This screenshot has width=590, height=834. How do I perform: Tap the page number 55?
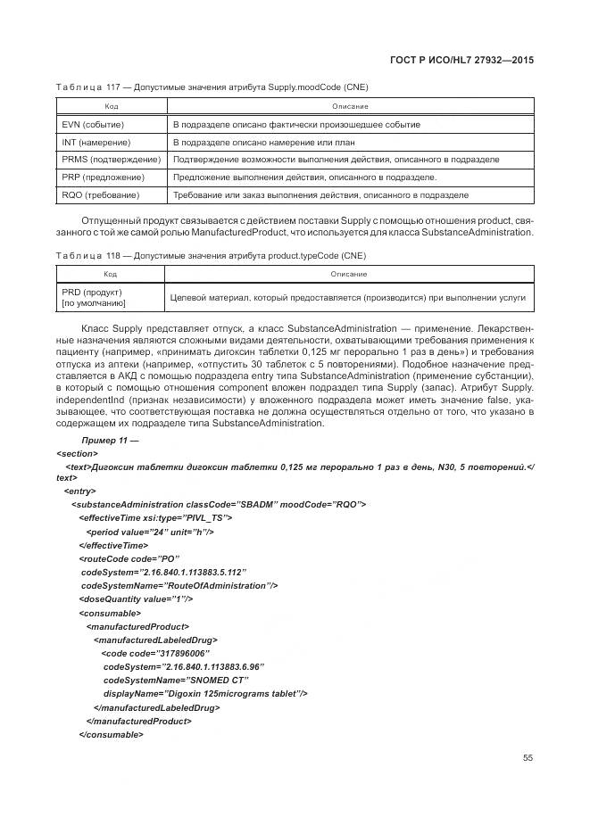pyautogui.click(x=528, y=757)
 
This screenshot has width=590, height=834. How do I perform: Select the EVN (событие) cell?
pyautogui.click(x=93, y=125)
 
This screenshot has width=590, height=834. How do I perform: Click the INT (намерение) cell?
pyautogui.click(x=96, y=142)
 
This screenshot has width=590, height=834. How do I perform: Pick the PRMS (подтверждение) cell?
pyautogui.click(x=111, y=160)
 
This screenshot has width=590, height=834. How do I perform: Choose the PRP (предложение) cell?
pyautogui.click(x=103, y=177)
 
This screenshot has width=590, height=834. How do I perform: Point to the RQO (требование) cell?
pyautogui.click(x=101, y=194)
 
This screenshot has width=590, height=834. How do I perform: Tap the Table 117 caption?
pyautogui.click(x=212, y=87)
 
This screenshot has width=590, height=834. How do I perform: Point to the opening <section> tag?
pyautogui.click(x=76, y=453)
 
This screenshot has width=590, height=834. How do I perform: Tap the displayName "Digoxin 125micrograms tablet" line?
pyautogui.click(x=205, y=693)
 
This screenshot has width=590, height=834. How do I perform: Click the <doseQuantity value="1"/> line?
pyautogui.click(x=136, y=599)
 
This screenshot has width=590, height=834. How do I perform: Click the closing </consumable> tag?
pyautogui.click(x=111, y=734)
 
